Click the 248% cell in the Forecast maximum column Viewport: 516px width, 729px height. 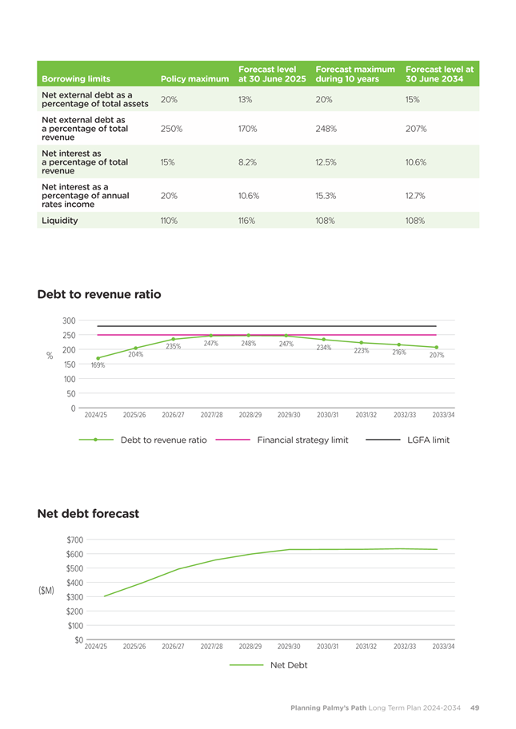click(326, 129)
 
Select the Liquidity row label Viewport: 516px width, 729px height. click(59, 221)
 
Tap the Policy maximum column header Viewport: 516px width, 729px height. click(194, 79)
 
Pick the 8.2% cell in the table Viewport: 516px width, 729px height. click(247, 162)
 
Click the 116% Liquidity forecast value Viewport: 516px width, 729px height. click(246, 221)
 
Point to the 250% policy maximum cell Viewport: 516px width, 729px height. click(171, 129)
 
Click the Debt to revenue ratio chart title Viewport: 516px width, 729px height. click(99, 294)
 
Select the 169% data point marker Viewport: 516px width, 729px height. click(98, 358)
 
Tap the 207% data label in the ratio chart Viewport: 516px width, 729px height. click(437, 355)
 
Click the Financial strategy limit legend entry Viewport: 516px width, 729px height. click(282, 440)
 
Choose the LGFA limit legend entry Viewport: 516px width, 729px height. click(407, 440)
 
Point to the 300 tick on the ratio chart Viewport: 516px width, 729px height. click(69, 321)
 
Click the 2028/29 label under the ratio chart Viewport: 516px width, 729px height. click(250, 415)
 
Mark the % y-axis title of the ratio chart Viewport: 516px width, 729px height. click(50, 356)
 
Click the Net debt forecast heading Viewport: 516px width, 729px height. click(88, 514)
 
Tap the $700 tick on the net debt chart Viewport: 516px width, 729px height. click(75, 540)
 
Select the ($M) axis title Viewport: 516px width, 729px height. click(46, 591)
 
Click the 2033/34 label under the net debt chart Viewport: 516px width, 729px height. click(443, 646)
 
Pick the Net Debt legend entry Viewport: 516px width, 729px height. click(269, 665)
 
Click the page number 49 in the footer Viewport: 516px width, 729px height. click(474, 707)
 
